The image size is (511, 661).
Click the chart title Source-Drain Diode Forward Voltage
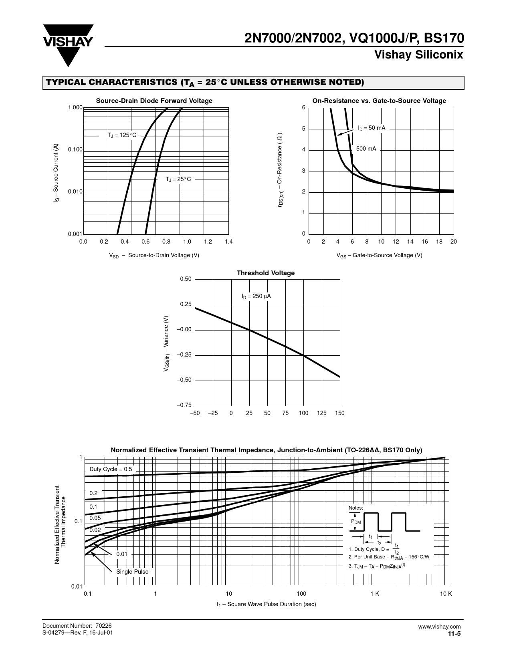(154, 101)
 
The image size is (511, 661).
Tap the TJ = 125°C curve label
(122, 135)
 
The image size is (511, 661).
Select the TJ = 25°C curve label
(178, 179)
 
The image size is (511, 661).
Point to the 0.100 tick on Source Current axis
(75, 150)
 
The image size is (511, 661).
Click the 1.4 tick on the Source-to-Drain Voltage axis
(228, 242)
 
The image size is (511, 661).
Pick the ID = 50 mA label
(372, 128)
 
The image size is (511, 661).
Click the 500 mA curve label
(366, 149)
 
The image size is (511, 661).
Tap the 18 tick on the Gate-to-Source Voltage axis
(439, 242)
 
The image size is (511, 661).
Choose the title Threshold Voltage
(265, 273)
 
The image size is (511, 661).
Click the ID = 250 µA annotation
(256, 296)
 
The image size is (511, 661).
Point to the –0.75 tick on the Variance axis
(184, 405)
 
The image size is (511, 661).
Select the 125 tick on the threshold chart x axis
(322, 413)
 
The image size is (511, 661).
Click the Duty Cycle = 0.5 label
(111, 469)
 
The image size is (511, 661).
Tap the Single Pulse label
(132, 572)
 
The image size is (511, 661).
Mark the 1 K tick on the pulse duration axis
(375, 594)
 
